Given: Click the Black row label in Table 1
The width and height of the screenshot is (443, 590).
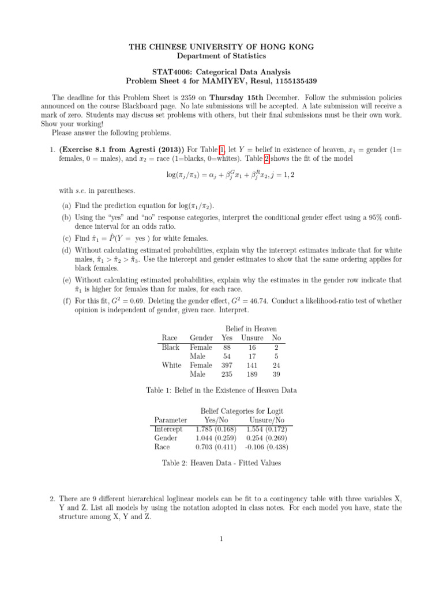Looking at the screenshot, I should pyautogui.click(x=170, y=347).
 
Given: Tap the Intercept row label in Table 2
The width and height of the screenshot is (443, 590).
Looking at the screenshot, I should pyautogui.click(x=168, y=429).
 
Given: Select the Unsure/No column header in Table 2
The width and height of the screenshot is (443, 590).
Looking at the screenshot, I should pyautogui.click(x=264, y=420).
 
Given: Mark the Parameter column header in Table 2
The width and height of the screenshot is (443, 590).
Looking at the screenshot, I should pyautogui.click(x=171, y=420).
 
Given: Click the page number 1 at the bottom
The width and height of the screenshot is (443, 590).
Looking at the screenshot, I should pyautogui.click(x=221, y=539).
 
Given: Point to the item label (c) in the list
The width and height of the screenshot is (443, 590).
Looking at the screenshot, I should pyautogui.click(x=67, y=238).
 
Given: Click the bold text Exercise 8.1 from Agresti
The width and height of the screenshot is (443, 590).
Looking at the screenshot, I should pyautogui.click(x=118, y=149).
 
